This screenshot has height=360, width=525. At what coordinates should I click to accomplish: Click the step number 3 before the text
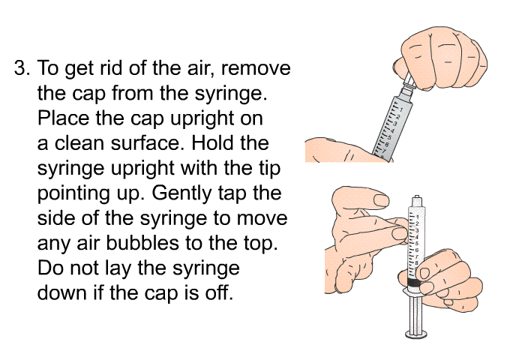coord(22,68)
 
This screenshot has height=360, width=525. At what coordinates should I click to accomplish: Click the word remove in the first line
coord(256,68)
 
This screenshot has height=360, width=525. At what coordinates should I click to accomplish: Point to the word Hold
coord(211,143)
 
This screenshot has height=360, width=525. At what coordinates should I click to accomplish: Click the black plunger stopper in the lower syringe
coord(414,283)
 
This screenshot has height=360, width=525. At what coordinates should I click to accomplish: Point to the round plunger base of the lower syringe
coord(416,334)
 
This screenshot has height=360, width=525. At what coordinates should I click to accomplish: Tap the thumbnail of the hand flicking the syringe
coord(381,200)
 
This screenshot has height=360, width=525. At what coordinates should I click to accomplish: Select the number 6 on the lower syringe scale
coord(416,250)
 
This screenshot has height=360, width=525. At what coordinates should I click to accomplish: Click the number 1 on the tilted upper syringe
coord(401,109)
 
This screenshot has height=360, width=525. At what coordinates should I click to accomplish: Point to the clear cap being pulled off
coord(409,82)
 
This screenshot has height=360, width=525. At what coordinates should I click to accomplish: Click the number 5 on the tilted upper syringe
coord(389,137)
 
